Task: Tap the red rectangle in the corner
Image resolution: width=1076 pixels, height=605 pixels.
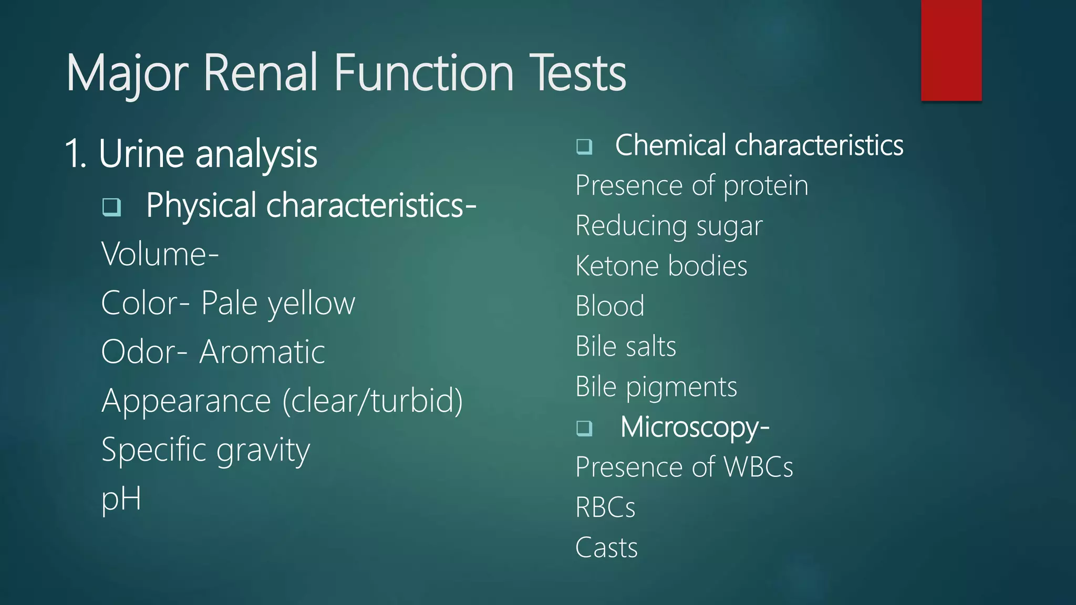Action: (x=951, y=50)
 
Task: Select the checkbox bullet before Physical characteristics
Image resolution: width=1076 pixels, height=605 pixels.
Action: (x=111, y=207)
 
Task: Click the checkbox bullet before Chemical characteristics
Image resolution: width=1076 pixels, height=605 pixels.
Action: (x=584, y=146)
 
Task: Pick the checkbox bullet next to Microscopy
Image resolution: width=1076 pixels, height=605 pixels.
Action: (x=584, y=428)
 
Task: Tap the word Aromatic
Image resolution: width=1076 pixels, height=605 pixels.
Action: (x=262, y=352)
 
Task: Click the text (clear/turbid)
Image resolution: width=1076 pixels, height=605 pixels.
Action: (x=373, y=401)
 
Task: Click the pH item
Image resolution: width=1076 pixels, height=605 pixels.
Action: (x=121, y=499)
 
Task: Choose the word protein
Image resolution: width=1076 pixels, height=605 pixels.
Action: (x=765, y=186)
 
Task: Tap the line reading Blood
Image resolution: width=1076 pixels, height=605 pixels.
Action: (x=609, y=306)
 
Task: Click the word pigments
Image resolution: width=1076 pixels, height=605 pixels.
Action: (x=681, y=388)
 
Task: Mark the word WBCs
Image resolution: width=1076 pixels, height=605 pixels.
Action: (x=758, y=467)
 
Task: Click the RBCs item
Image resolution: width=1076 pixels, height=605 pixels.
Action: (x=605, y=507)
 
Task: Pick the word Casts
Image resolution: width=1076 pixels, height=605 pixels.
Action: (x=606, y=548)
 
